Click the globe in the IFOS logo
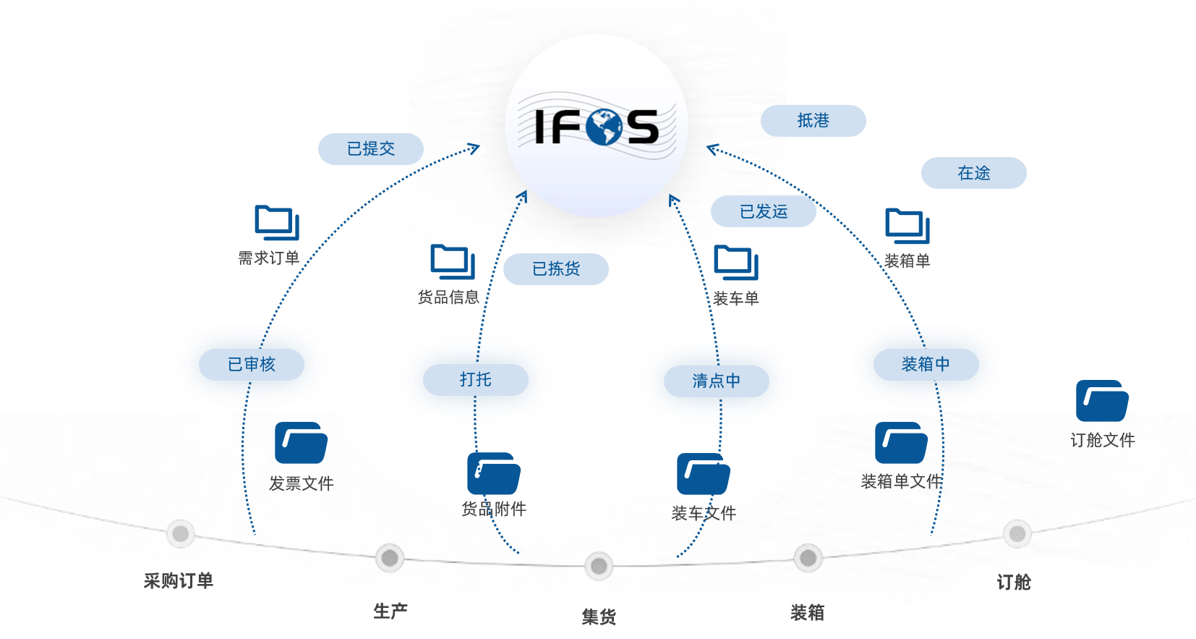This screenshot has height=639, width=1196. (604, 127)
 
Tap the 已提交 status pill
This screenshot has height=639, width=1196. (370, 148)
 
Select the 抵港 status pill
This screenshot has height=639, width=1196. (813, 121)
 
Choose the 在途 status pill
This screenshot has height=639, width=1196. (973, 172)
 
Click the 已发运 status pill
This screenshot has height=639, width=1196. (763, 211)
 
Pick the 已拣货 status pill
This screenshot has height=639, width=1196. (556, 268)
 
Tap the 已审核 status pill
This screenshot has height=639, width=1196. (252, 365)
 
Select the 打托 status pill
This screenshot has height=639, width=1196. (476, 380)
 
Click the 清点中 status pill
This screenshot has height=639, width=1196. (716, 381)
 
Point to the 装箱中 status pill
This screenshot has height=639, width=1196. (926, 365)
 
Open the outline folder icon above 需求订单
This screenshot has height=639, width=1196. (277, 222)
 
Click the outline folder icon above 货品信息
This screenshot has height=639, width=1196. (453, 262)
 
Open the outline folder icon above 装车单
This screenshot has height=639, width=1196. (736, 263)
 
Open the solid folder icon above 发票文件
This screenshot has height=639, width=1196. (301, 443)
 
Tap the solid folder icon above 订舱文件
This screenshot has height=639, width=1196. (1102, 401)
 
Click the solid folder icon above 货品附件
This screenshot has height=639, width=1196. (494, 473)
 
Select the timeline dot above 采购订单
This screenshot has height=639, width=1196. (181, 533)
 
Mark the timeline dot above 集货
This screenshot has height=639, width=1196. (599, 566)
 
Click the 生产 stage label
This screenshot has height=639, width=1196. (390, 612)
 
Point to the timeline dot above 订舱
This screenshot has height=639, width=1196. (1017, 533)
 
